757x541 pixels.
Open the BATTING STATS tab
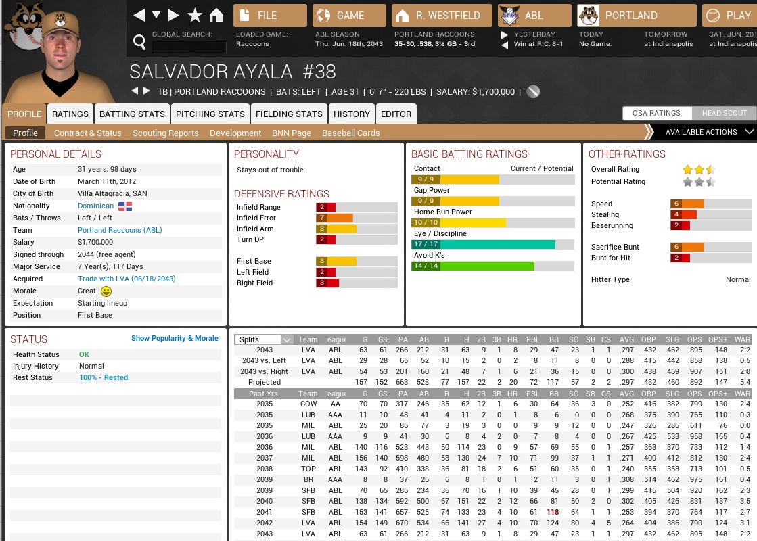132,114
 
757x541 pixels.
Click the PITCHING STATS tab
210,114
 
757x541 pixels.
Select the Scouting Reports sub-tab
165,133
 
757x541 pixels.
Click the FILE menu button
269,15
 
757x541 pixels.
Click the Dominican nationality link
95,206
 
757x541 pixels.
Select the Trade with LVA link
127,279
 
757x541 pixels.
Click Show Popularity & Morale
175,338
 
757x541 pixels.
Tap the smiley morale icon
106,291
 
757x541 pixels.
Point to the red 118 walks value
553,513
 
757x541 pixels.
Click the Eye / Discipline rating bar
492,245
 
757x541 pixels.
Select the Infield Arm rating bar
356,229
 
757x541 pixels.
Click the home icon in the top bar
216,15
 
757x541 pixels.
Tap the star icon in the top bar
195,15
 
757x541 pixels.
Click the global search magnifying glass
139,43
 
